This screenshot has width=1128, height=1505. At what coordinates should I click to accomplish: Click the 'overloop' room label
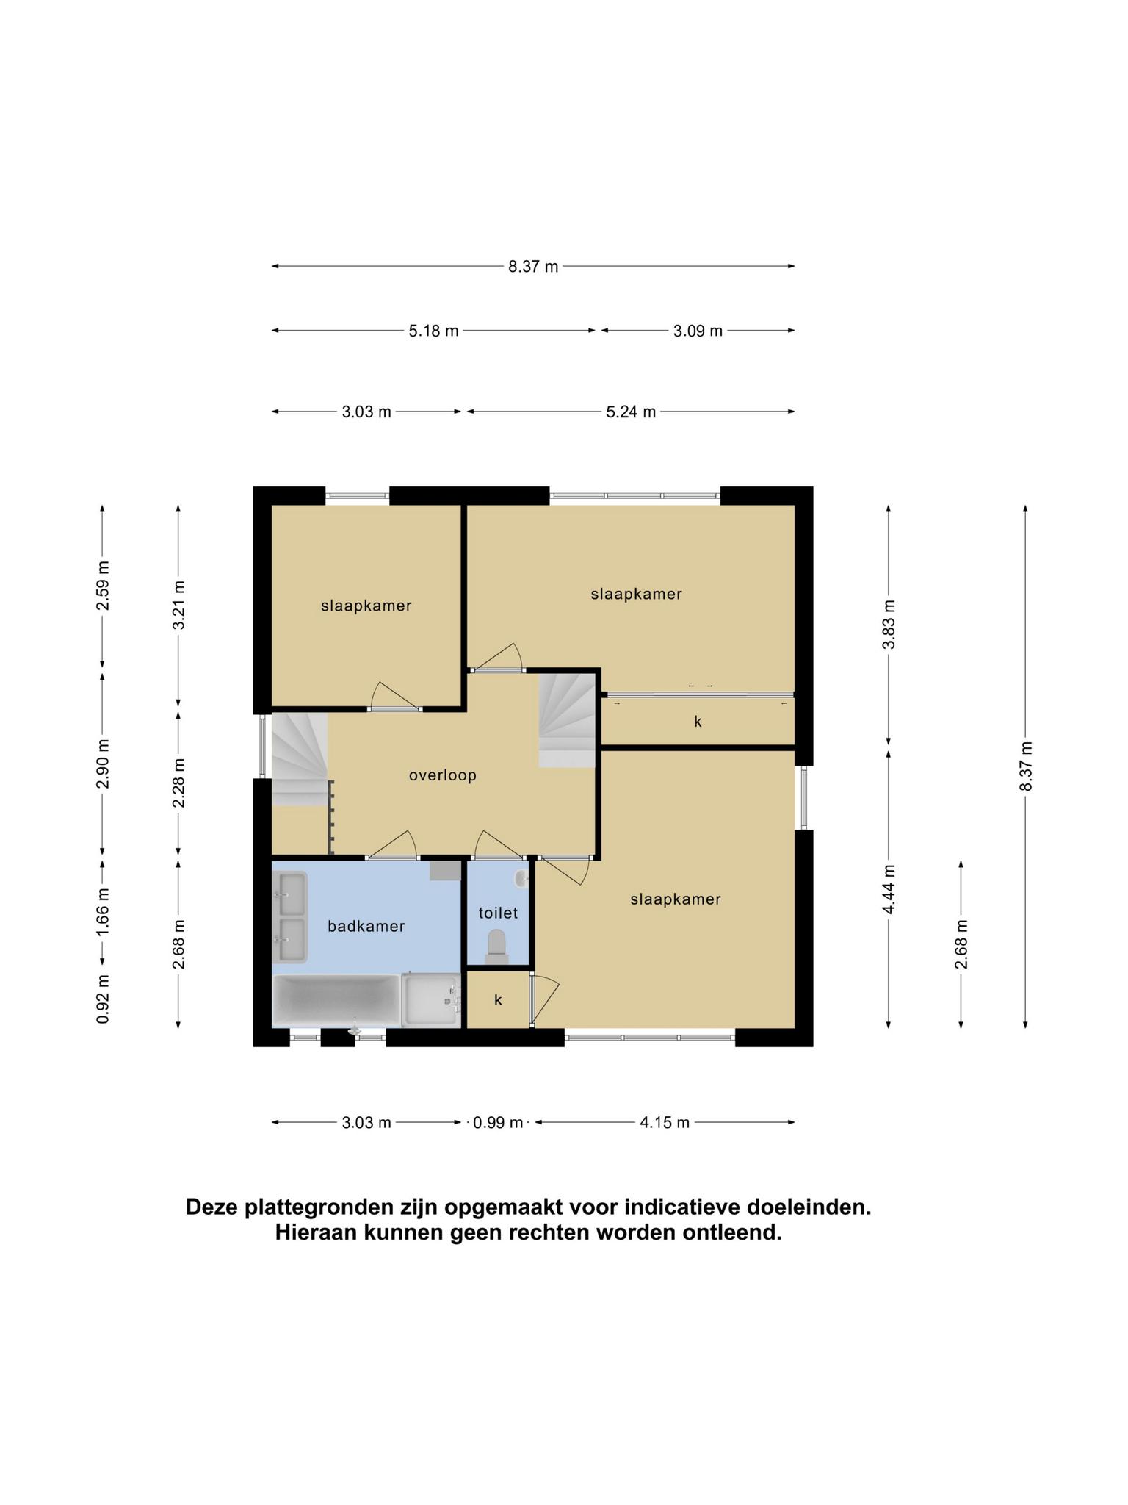pos(443,775)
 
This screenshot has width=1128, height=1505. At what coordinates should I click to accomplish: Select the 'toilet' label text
pos(499,913)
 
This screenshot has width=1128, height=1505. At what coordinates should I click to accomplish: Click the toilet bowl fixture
pos(497,947)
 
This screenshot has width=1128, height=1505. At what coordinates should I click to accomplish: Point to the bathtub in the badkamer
pos(336,1000)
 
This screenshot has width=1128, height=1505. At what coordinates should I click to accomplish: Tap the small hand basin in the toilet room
pos(521,877)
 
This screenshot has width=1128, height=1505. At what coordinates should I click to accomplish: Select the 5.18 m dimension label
pos(434,331)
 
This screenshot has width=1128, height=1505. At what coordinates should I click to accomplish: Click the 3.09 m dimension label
pos(698,331)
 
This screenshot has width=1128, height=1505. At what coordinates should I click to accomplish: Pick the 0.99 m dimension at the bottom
pos(498,1122)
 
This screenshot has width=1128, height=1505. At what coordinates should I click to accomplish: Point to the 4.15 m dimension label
pos(665,1122)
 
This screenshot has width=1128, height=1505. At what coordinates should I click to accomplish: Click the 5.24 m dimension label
pos(631,412)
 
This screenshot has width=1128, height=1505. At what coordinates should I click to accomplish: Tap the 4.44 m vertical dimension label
pos(889,889)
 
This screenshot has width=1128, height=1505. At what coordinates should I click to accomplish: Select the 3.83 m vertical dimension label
pos(889,625)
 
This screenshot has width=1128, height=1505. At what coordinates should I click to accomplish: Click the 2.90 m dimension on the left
pos(103,764)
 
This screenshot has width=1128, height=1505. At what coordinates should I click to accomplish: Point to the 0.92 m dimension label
pos(103,999)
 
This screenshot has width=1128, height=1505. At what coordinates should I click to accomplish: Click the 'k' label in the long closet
pos(698,722)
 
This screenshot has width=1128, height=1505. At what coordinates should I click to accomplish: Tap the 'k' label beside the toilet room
pos(498,999)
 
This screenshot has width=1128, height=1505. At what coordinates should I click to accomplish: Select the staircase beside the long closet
pos(567,722)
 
